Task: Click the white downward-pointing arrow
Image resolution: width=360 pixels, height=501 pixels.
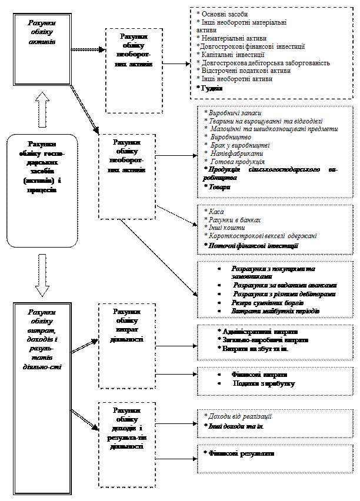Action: click(42, 275)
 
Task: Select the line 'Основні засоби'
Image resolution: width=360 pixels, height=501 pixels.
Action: click(224, 12)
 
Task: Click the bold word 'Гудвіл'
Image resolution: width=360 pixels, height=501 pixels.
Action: click(210, 88)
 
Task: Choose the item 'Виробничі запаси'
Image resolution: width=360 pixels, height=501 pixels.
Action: click(233, 112)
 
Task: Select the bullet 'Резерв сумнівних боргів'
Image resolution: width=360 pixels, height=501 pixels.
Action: click(267, 302)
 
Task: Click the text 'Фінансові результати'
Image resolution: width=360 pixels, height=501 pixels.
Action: click(242, 453)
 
